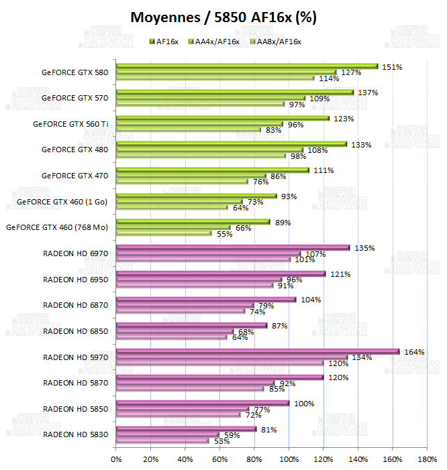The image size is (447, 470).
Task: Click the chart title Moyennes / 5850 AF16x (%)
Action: click(223, 17)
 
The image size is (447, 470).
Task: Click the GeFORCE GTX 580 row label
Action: click(74, 72)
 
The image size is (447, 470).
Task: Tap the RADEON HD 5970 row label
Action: click(75, 357)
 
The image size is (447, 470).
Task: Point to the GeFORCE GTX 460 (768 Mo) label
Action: click(57, 227)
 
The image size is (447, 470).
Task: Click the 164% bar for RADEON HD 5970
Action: click(257, 351)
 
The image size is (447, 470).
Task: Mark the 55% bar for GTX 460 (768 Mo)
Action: click(163, 233)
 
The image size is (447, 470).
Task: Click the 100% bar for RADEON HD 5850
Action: click(202, 403)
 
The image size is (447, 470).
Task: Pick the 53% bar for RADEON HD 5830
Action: click(162, 440)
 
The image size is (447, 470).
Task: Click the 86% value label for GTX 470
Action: click(278, 176)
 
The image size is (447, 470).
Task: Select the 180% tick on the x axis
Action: click(427, 459)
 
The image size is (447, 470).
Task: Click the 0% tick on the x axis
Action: click(116, 459)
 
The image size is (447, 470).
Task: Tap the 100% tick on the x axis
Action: click(289, 459)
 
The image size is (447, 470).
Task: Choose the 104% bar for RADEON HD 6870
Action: click(205, 300)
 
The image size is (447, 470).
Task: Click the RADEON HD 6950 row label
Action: click(75, 279)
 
